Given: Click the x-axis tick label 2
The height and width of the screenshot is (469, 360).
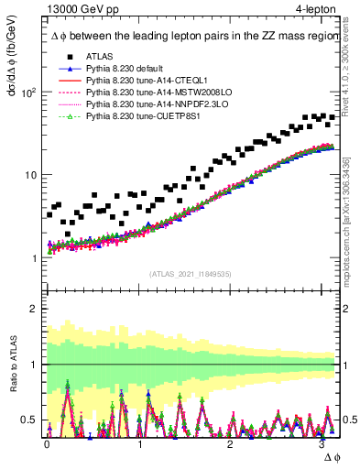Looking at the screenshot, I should coord(233,443).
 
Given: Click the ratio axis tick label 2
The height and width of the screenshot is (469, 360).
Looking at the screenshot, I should coord(33,309).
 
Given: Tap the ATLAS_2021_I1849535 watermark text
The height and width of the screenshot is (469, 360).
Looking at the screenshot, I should coord(190,274).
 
